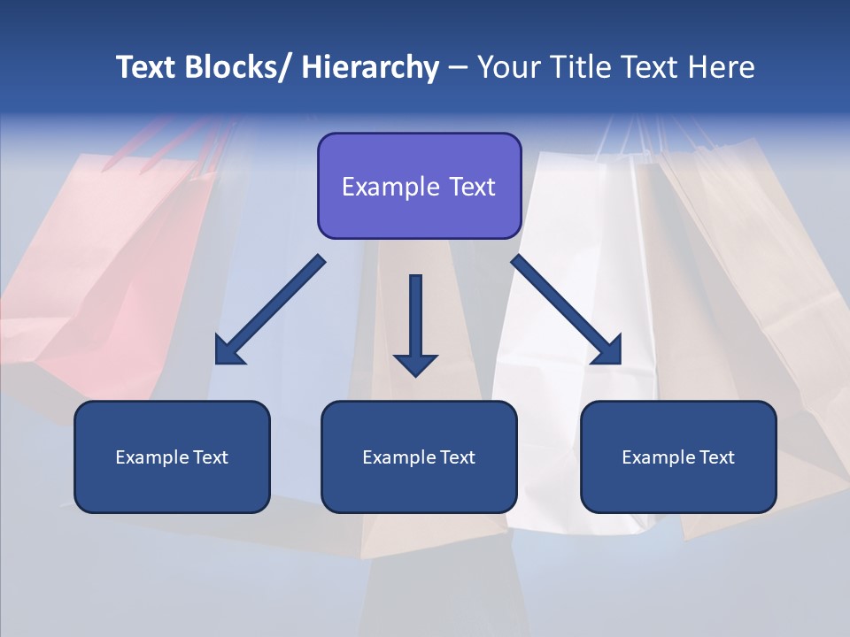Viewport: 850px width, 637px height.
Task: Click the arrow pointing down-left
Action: [x=271, y=310]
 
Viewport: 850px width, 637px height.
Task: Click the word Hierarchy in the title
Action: [x=370, y=67]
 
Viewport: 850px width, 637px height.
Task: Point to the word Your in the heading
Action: [x=509, y=67]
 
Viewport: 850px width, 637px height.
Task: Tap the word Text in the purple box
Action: [x=470, y=188]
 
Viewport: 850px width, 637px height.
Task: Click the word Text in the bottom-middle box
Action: [x=453, y=457]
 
